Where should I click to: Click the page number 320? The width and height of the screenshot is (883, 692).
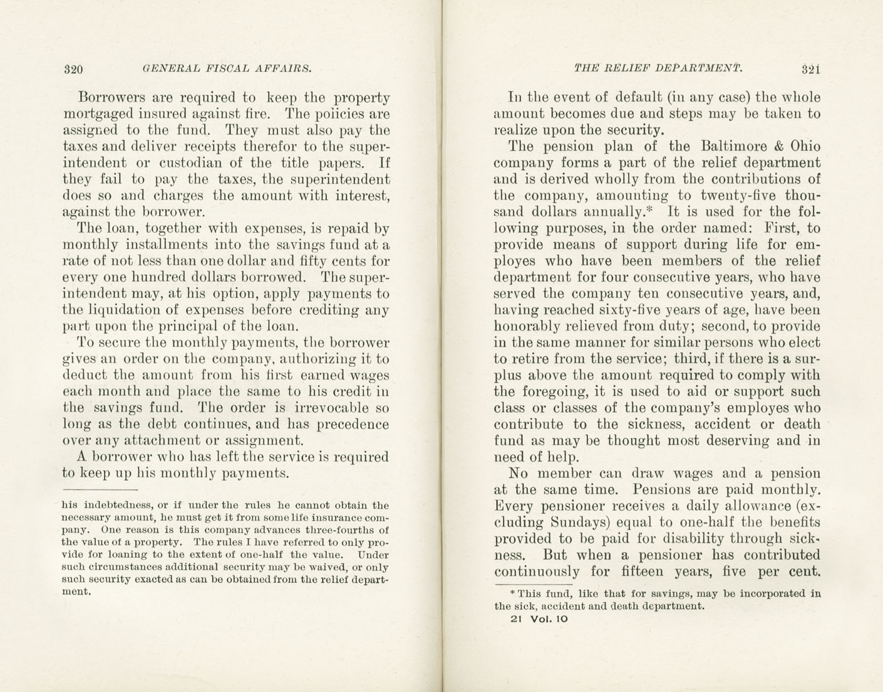[73, 69]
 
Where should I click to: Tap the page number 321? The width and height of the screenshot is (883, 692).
[810, 69]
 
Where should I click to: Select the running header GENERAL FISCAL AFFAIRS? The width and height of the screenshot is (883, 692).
[227, 68]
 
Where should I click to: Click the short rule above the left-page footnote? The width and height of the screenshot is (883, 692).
[100, 489]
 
